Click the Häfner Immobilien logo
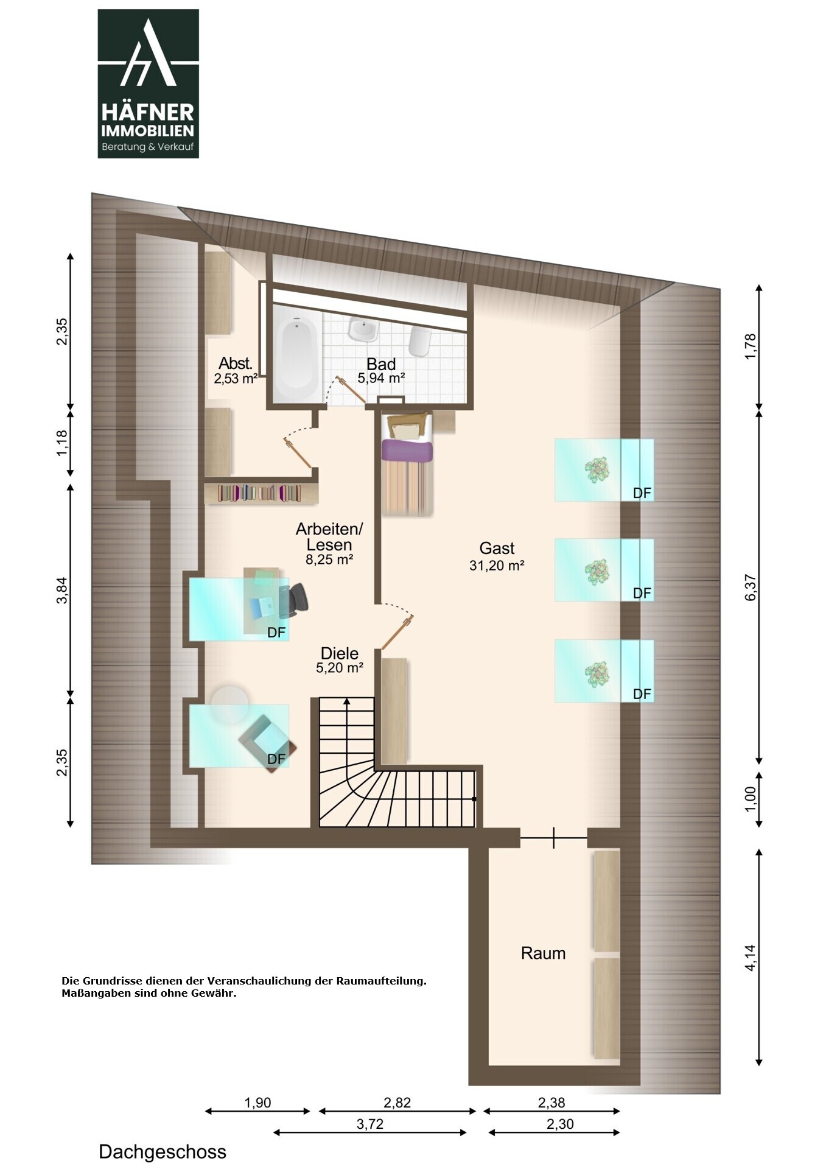point(148,83)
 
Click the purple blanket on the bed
point(407,451)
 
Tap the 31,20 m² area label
point(497,566)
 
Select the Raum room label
point(543,953)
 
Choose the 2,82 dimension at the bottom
point(397,1103)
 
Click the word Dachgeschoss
point(163,1152)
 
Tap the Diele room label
point(340,653)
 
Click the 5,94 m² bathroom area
point(381,378)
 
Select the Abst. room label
point(236,363)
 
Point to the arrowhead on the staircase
point(346,701)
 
